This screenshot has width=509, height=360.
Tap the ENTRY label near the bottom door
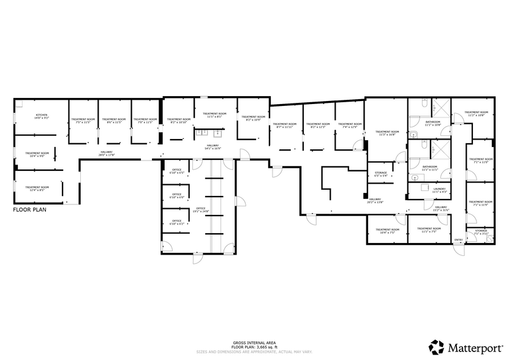tap(458, 239)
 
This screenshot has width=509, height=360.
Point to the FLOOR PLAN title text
tap(30, 209)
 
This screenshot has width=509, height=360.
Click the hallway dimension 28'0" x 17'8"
tap(107, 155)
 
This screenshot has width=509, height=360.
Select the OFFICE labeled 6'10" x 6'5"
tap(177, 171)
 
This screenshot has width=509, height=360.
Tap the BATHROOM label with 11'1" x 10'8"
tap(432, 123)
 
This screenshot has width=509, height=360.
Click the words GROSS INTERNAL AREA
tap(254, 342)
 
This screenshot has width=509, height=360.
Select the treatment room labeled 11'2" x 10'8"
tap(475, 114)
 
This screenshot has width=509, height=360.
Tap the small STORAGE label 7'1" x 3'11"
tap(481, 232)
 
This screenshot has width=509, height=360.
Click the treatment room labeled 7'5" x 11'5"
tap(83, 121)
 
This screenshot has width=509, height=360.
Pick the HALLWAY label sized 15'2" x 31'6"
tap(441, 208)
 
